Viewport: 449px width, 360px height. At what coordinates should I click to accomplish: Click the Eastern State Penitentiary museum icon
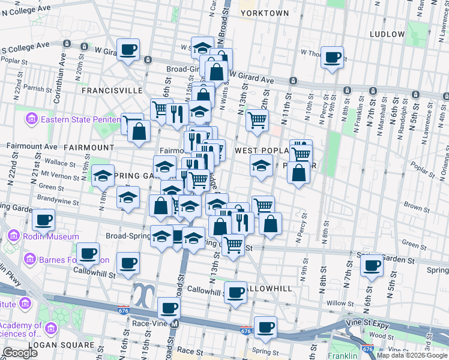(32, 119)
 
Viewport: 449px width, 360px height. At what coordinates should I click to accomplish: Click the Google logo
(20, 353)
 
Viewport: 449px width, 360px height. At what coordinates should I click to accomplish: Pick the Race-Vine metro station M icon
(175, 324)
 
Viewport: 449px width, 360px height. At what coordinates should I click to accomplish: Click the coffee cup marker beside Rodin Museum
(43, 220)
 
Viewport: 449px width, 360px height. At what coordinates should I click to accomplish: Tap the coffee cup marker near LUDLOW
(332, 57)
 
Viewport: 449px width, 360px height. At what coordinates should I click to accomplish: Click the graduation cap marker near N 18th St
(103, 175)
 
